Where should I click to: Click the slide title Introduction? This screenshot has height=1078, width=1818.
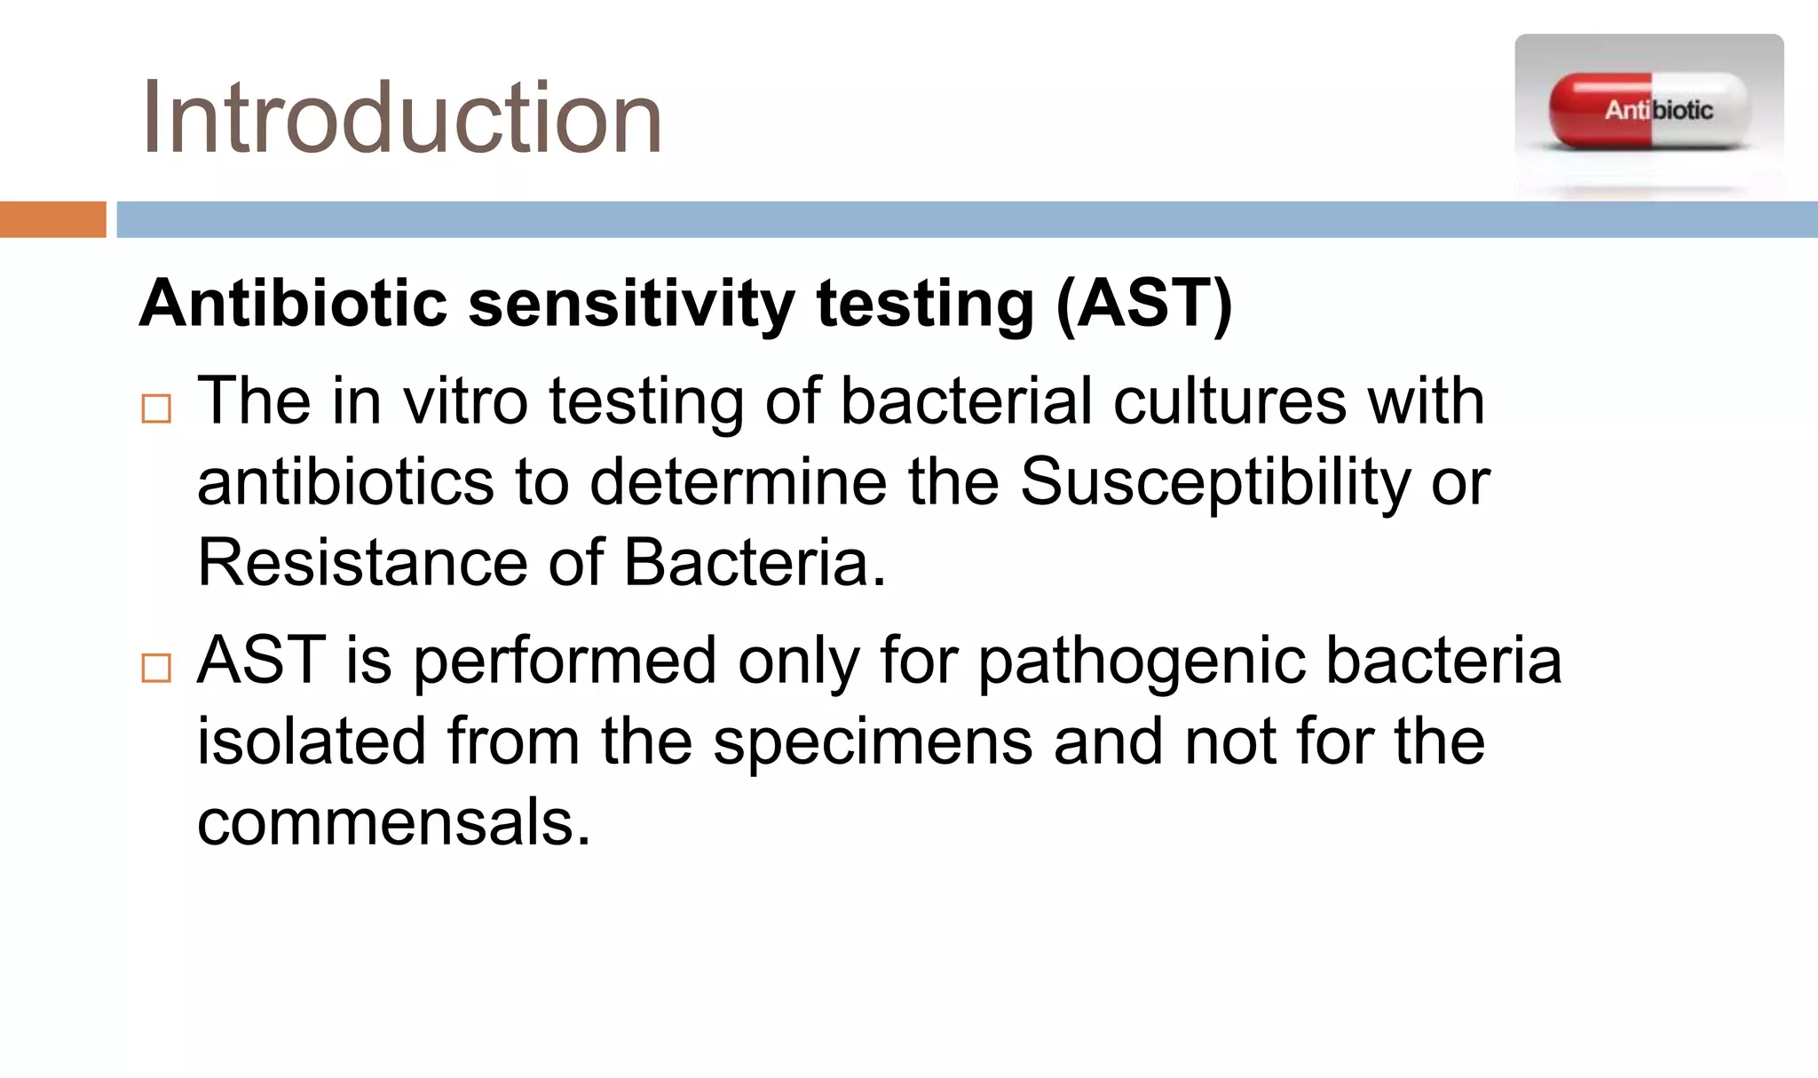[x=401, y=118]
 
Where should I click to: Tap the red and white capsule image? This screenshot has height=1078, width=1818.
[x=1649, y=110]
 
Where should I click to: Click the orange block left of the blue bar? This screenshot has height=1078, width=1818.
[x=52, y=219]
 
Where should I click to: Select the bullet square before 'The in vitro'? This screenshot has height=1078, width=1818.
[x=156, y=408]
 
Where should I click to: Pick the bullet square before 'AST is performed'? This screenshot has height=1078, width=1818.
[x=156, y=668]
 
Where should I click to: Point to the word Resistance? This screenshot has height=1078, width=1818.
[x=362, y=563]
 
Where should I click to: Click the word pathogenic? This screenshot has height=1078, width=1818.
[x=1142, y=662]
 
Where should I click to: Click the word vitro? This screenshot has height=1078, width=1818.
[x=465, y=401]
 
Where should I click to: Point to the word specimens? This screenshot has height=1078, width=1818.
[x=873, y=742]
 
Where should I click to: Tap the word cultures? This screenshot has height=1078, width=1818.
[x=1229, y=401]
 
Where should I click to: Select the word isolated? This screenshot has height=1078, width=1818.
[x=312, y=741]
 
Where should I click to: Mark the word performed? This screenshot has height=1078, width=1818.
[x=565, y=662]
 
